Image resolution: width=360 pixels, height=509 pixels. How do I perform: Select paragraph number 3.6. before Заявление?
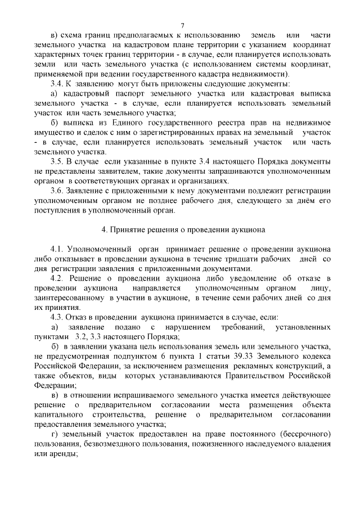(x=58, y=191)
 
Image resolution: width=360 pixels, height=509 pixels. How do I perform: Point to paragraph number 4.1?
(x=58, y=249)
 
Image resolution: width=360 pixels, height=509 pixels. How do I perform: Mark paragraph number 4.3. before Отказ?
(x=58, y=317)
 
